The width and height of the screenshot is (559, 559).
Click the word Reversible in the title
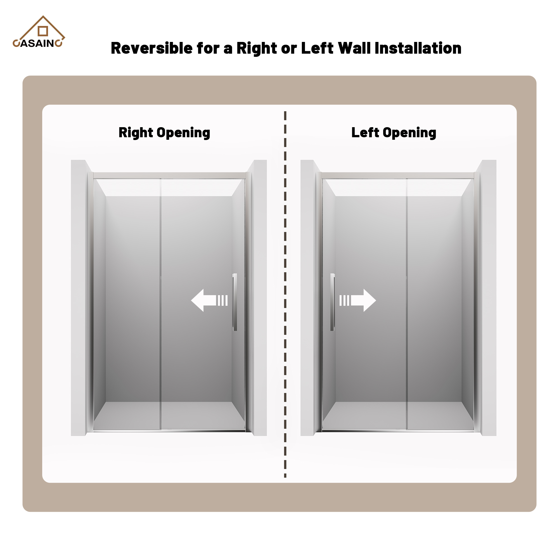click(x=151, y=48)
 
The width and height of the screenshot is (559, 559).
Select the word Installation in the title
click(x=418, y=48)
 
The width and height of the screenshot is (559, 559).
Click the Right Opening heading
click(x=164, y=133)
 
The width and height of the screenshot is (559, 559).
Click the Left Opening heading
click(x=394, y=133)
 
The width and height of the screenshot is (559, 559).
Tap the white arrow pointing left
click(x=209, y=300)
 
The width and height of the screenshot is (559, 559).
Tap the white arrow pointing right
click(x=358, y=300)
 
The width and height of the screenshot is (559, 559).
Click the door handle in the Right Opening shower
click(x=235, y=302)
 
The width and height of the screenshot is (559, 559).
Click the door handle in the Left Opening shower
click(x=333, y=302)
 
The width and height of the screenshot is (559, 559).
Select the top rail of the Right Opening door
click(x=170, y=176)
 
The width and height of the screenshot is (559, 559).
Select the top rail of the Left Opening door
click(x=398, y=176)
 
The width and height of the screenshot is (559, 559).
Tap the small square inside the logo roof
click(x=43, y=31)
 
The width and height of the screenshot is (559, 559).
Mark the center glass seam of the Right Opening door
click(x=161, y=304)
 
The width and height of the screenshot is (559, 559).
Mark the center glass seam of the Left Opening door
click(x=406, y=304)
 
